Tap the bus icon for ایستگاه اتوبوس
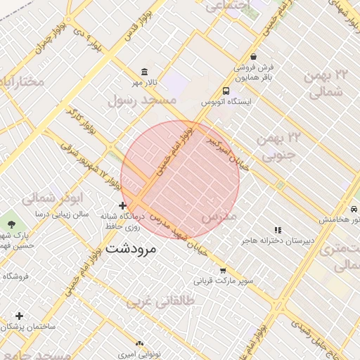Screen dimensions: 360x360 226,91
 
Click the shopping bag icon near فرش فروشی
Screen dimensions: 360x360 253,57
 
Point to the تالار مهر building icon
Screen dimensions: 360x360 144,72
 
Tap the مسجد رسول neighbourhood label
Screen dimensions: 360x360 141,101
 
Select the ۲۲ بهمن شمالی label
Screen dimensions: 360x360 324,82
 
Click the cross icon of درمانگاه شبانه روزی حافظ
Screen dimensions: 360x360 123,206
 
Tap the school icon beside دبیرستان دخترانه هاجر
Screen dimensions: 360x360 278,230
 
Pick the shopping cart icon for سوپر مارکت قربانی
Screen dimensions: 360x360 223,271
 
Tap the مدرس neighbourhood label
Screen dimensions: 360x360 219,217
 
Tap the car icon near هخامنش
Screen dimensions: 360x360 351,210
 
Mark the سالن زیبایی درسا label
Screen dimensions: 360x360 66,214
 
